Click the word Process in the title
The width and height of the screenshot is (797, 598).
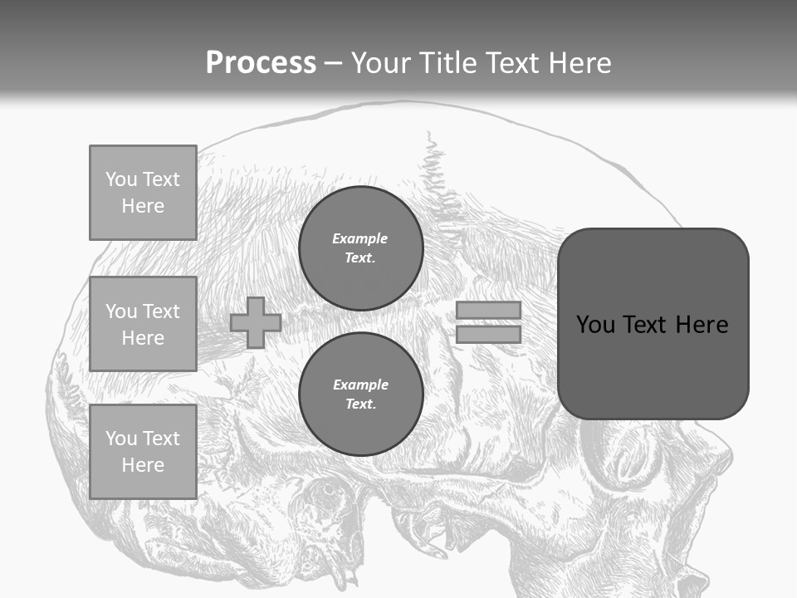pos(261,63)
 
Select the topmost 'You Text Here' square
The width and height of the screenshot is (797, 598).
pos(143,193)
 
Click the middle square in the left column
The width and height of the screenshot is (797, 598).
pos(143,324)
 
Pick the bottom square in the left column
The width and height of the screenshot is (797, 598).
pos(143,452)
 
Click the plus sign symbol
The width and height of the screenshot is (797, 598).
pos(256,322)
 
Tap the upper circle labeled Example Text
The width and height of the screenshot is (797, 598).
pos(360,248)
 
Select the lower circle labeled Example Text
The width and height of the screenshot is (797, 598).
pos(360,395)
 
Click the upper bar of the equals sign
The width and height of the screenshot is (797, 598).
pos(489,311)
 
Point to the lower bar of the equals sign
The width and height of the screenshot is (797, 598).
pos(489,335)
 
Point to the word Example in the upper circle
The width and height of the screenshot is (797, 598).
pos(359,238)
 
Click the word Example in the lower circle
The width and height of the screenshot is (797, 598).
pos(360,385)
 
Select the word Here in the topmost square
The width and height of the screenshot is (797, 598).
pos(143,206)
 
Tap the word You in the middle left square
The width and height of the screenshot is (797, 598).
pos(120,311)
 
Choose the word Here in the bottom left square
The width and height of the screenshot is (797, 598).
pos(143,465)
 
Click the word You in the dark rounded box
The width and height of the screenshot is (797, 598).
pos(595,325)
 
